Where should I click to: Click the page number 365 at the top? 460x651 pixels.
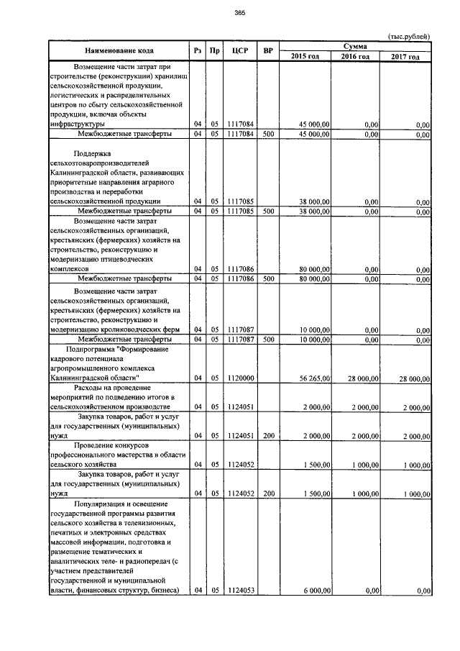click(239, 12)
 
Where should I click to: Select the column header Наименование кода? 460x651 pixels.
click(119, 51)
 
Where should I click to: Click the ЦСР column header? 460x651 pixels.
click(240, 51)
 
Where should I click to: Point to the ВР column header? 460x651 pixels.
click(268, 51)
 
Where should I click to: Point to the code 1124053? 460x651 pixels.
click(240, 591)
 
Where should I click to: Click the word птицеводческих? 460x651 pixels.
click(132, 258)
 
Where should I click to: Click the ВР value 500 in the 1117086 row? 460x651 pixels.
click(268, 278)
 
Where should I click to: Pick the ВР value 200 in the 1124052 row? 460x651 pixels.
click(268, 494)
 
